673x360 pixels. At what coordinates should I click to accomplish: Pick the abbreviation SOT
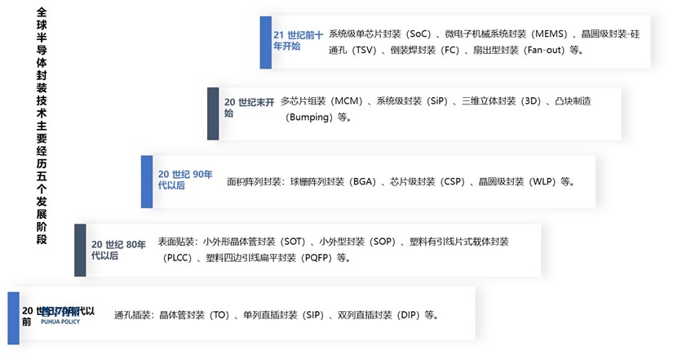click(294, 242)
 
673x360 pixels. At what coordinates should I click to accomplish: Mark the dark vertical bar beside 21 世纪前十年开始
click(265, 41)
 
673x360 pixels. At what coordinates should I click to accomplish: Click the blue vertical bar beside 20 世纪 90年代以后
click(148, 180)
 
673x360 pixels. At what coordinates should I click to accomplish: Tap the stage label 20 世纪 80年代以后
click(119, 250)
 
